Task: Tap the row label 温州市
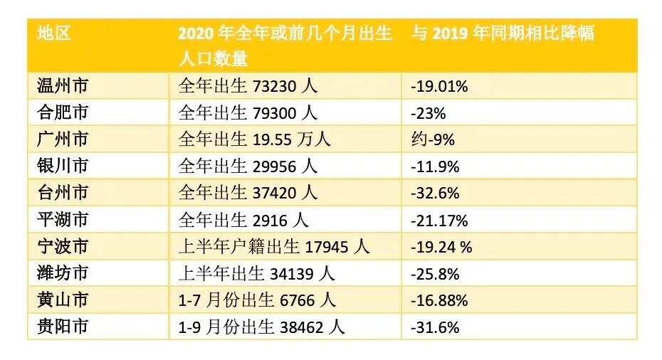pos(63,86)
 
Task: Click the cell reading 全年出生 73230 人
pos(248,86)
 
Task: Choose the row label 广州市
pos(63,139)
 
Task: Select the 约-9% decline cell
pos(433,139)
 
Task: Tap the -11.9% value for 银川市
pos(435,166)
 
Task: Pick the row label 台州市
pos(63,193)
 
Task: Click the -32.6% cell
pos(435,193)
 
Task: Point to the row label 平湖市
pos(63,220)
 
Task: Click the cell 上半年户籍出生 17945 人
pos(274,247)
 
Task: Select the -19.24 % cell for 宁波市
pos(441,247)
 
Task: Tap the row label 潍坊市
pos(63,273)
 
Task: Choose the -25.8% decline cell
pos(435,273)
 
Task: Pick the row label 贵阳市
pos(63,327)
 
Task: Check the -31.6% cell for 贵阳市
pos(435,327)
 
